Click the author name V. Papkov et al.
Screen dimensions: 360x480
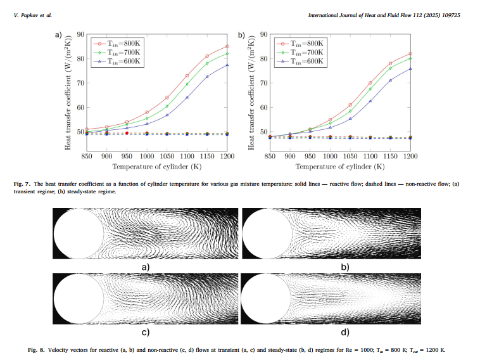(33, 14)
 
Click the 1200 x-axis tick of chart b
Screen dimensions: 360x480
(410, 155)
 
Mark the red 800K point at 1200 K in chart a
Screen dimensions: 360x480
(227, 46)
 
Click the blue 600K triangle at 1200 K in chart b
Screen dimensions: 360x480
(410, 68)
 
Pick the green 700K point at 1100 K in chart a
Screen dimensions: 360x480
(187, 84)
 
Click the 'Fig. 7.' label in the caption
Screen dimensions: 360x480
(22, 184)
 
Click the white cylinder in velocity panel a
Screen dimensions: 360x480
(79, 234)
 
